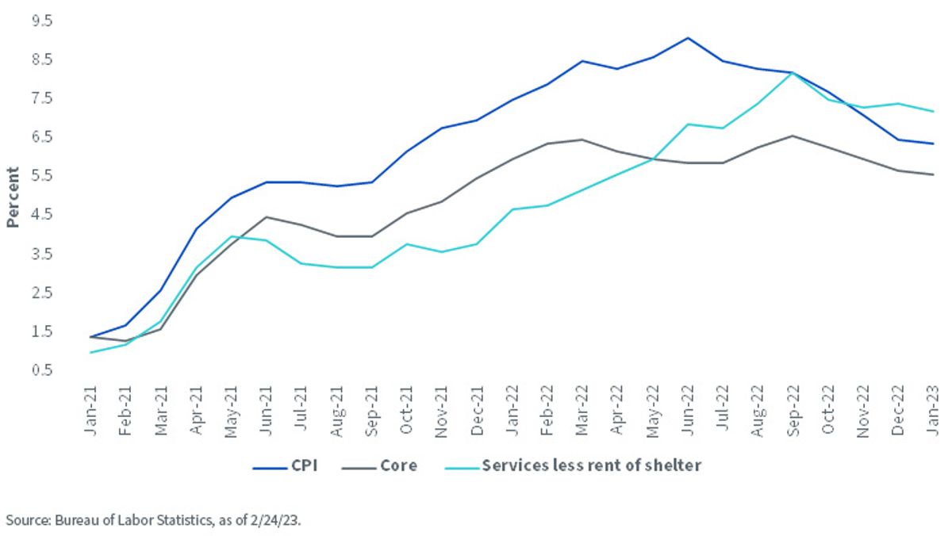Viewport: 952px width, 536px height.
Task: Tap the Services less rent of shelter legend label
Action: [x=592, y=465]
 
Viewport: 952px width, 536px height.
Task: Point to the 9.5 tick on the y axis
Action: [x=42, y=21]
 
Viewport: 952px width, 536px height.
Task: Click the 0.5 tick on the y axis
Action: [x=42, y=369]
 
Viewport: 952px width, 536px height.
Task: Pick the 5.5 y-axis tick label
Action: [x=42, y=175]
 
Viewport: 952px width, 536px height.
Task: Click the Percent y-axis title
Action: [x=13, y=197]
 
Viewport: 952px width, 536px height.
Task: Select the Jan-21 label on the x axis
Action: [x=90, y=411]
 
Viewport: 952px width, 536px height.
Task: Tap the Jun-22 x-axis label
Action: [x=687, y=411]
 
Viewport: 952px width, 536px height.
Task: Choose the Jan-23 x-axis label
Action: [x=933, y=411]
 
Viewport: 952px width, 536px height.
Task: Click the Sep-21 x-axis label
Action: [x=371, y=411]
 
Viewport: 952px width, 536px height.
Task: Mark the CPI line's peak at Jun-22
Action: [x=688, y=38]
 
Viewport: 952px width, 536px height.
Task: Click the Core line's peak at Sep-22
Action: [x=793, y=136]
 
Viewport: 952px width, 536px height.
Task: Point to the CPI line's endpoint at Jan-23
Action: [x=933, y=144]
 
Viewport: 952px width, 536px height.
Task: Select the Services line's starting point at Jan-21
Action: [x=90, y=352]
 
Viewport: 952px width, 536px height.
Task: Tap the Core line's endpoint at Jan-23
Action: [x=933, y=174]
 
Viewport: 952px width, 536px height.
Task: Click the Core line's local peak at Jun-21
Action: [x=266, y=217]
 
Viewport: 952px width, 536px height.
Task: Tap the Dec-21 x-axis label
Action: [x=477, y=411]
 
